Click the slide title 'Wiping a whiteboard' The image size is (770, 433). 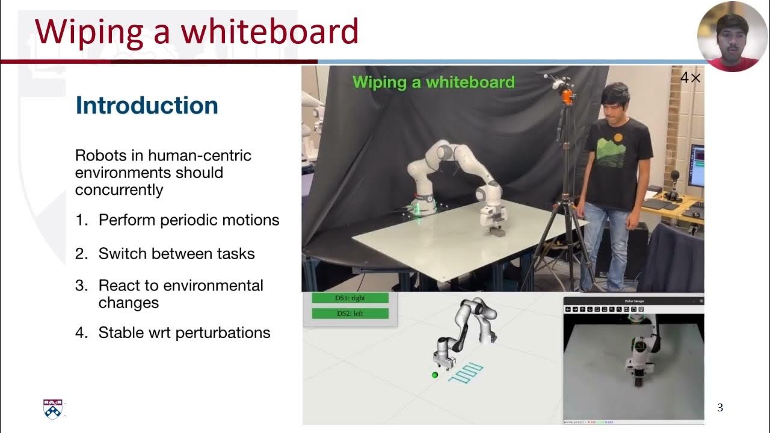(x=197, y=31)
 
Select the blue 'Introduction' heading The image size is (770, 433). (x=147, y=106)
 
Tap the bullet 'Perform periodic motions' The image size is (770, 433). (x=188, y=220)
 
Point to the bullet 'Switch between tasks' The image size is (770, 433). (x=176, y=254)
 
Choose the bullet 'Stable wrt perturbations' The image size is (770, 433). (x=184, y=333)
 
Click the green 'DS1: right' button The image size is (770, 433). (x=350, y=298)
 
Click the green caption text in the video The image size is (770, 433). (x=433, y=82)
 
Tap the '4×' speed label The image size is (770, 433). (x=690, y=78)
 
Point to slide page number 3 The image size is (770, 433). (x=720, y=408)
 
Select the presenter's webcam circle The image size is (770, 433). (x=732, y=36)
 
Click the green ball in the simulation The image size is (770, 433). (x=435, y=375)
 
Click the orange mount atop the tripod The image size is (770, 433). (x=567, y=96)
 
